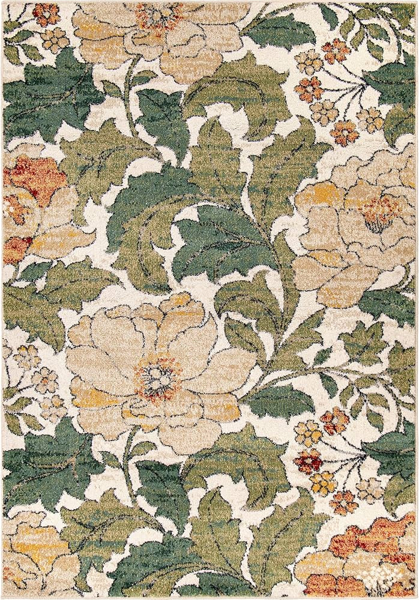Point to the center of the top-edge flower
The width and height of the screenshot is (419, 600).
pos(157,17)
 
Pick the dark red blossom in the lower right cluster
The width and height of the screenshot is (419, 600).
pos(310,460)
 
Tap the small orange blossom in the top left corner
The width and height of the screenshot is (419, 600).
pos(46,13)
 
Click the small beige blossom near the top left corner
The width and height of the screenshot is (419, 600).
pos(55,39)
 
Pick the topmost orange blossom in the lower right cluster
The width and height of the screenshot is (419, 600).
pos(334,420)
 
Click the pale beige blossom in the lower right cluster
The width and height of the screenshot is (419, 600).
pos(370,489)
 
